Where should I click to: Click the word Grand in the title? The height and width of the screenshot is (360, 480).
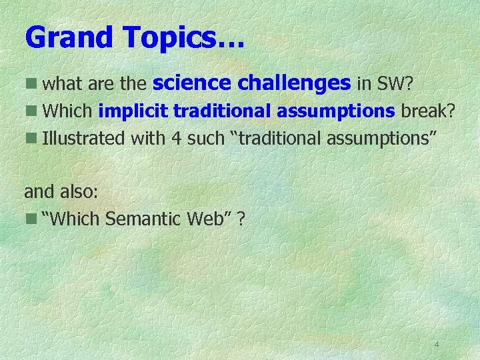click(x=68, y=38)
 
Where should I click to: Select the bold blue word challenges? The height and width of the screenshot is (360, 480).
click(x=293, y=83)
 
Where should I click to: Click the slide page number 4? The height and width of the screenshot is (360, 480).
click(x=437, y=345)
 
